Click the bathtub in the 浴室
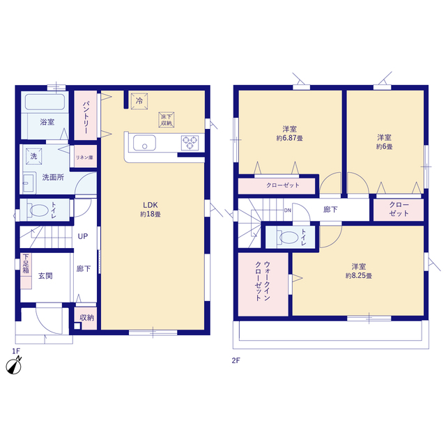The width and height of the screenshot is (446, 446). pyautogui.click(x=45, y=102)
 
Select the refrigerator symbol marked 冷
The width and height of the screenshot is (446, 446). pyautogui.click(x=139, y=100)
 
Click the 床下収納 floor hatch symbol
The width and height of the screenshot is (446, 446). pyautogui.click(x=167, y=120)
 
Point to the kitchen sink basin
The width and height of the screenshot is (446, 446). pyautogui.click(x=144, y=142)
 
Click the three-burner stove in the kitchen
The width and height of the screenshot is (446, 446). pyautogui.click(x=190, y=142)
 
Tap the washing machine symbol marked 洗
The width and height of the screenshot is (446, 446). pyautogui.click(x=34, y=156)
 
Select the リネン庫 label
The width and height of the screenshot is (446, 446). pyautogui.click(x=84, y=157)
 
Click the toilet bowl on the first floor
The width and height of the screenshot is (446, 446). pyautogui.click(x=39, y=210)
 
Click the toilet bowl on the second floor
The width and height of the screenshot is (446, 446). pyautogui.click(x=289, y=237)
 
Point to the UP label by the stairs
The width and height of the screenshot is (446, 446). pyautogui.click(x=83, y=236)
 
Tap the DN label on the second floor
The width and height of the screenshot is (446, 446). pyautogui.click(x=288, y=210)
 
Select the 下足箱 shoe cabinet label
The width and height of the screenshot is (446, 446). pyautogui.click(x=26, y=263)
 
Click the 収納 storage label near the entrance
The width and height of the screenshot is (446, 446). pyautogui.click(x=86, y=318)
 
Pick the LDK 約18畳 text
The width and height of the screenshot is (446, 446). pyautogui.click(x=151, y=209)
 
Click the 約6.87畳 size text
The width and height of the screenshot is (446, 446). pyautogui.click(x=290, y=138)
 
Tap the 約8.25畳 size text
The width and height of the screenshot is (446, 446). pyautogui.click(x=359, y=276)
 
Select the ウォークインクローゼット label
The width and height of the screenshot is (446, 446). pyautogui.click(x=263, y=281)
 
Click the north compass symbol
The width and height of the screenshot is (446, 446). pyautogui.click(x=14, y=366)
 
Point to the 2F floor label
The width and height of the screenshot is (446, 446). pyautogui.click(x=236, y=360)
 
